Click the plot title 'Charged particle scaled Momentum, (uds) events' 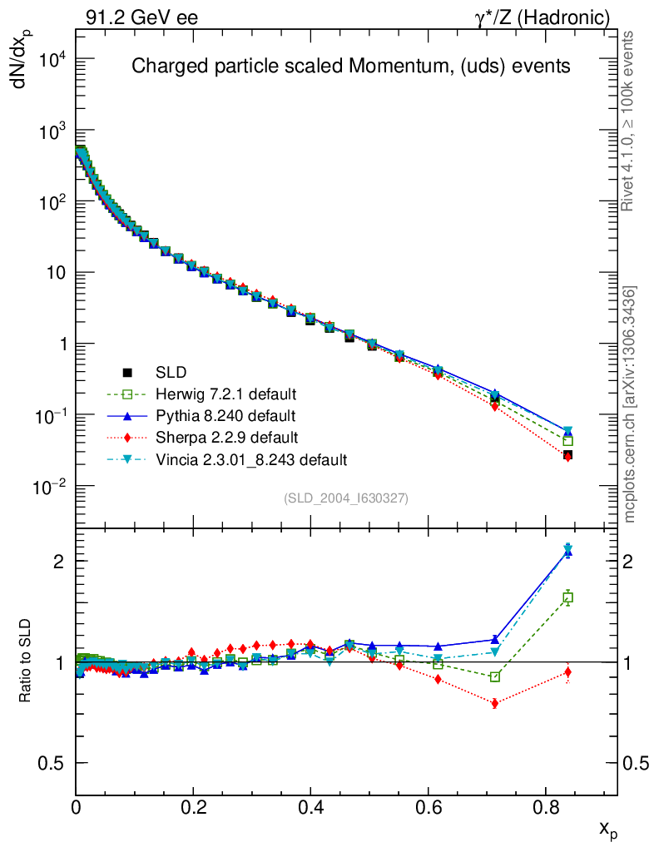pos(350,67)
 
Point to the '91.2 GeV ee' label pos(141,17)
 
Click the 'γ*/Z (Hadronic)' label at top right pos(542,17)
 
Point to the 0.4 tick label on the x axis pos(310,806)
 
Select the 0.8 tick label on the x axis pos(545,806)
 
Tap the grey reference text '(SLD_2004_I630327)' pos(346,498)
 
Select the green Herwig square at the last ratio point pos(568,597)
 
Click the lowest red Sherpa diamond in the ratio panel pos(495,703)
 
